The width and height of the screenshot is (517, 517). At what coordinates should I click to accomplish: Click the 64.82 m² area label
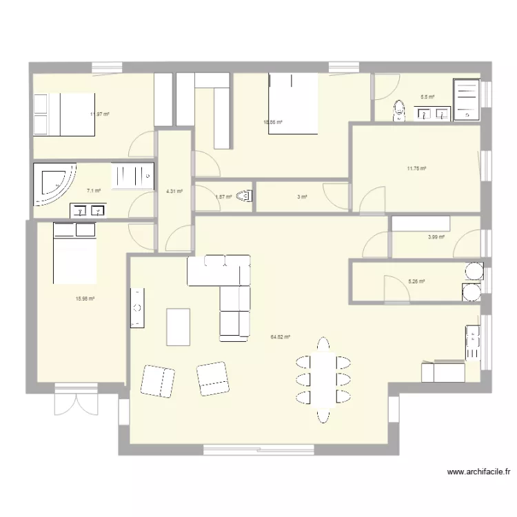click(x=280, y=337)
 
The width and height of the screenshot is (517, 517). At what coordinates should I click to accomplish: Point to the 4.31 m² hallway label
click(x=174, y=192)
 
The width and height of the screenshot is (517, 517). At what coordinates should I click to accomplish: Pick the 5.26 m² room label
click(x=416, y=281)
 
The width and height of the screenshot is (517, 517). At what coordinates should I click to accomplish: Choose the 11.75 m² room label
click(x=416, y=168)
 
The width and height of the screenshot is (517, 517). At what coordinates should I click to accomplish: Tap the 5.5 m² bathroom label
click(x=427, y=97)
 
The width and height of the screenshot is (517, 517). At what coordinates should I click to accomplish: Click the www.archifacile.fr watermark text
click(x=479, y=472)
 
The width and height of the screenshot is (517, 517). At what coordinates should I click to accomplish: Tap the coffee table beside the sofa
click(x=178, y=326)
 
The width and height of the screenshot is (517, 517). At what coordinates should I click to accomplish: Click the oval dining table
click(x=323, y=378)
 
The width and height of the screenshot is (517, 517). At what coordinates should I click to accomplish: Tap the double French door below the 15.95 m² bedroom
click(x=75, y=400)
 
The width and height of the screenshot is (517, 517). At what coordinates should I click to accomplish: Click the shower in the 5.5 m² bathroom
click(x=466, y=100)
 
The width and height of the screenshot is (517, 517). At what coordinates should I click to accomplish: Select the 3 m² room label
click(x=302, y=197)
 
